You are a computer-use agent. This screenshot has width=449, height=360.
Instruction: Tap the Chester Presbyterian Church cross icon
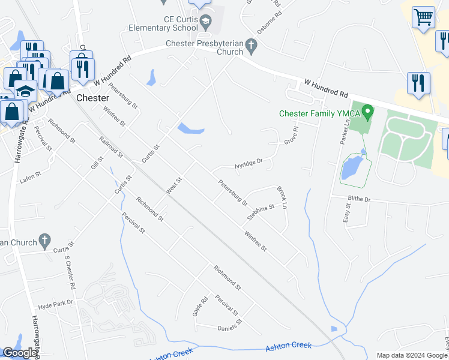(252, 44)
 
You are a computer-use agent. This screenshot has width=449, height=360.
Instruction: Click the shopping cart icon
(424, 17)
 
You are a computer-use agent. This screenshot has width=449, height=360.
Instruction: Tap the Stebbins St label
(261, 211)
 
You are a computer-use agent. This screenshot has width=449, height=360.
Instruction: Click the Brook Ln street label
(282, 197)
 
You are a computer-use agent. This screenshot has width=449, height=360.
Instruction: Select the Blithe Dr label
(359, 199)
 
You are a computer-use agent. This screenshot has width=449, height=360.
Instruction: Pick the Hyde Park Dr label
(55, 304)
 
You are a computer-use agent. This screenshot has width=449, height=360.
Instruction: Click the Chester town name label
(92, 98)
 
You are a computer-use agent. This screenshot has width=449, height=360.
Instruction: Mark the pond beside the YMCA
(351, 168)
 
